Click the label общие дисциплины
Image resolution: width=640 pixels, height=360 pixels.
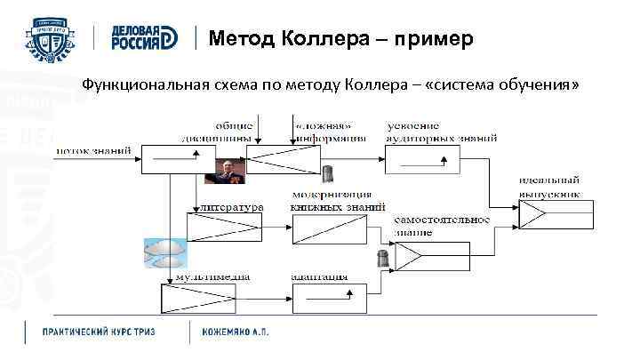click(233, 132)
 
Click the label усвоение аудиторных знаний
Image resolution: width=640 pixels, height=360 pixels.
click(441, 132)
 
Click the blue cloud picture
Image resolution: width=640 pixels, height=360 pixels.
click(165, 253)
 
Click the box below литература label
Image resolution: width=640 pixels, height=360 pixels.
click(224, 228)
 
